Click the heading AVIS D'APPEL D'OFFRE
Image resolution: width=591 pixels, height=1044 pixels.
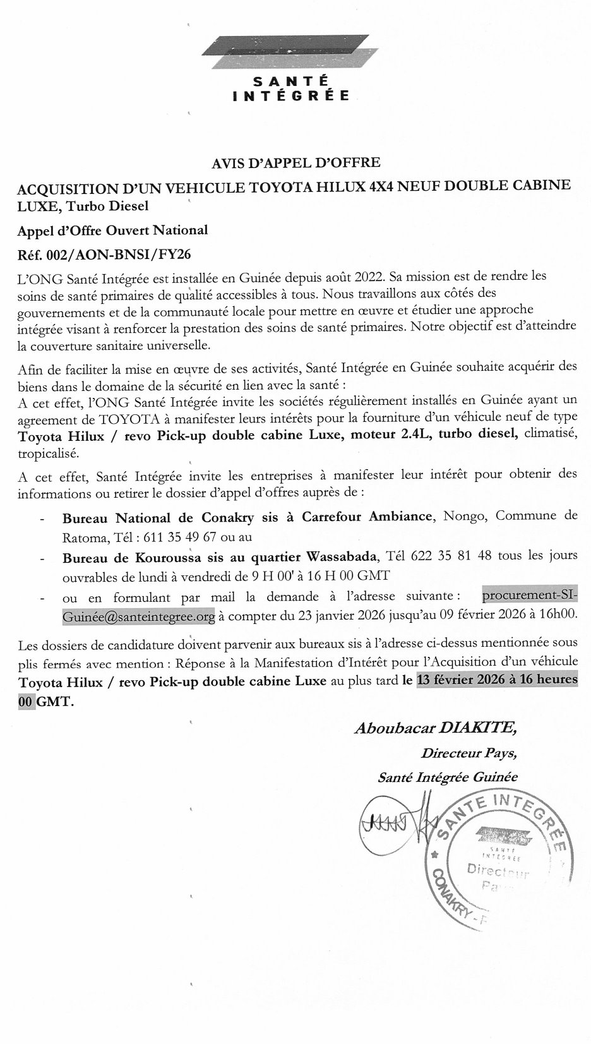[296, 162]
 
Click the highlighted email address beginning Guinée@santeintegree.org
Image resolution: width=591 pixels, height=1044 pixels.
[139, 615]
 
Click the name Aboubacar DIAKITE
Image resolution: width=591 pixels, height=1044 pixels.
[436, 728]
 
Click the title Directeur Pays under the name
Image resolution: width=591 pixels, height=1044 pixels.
[469, 753]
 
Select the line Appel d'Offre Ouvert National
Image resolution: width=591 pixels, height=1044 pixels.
[112, 230]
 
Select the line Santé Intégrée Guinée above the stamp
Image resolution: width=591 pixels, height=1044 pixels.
[447, 777]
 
